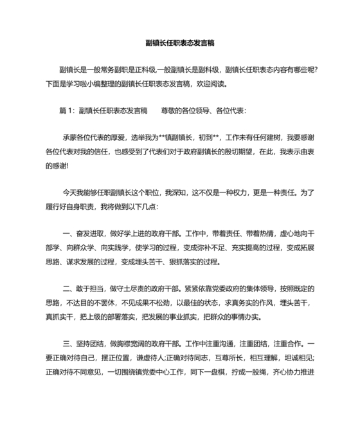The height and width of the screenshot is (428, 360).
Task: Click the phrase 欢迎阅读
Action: pos(209,84)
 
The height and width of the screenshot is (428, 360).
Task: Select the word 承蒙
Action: pos(69,137)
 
